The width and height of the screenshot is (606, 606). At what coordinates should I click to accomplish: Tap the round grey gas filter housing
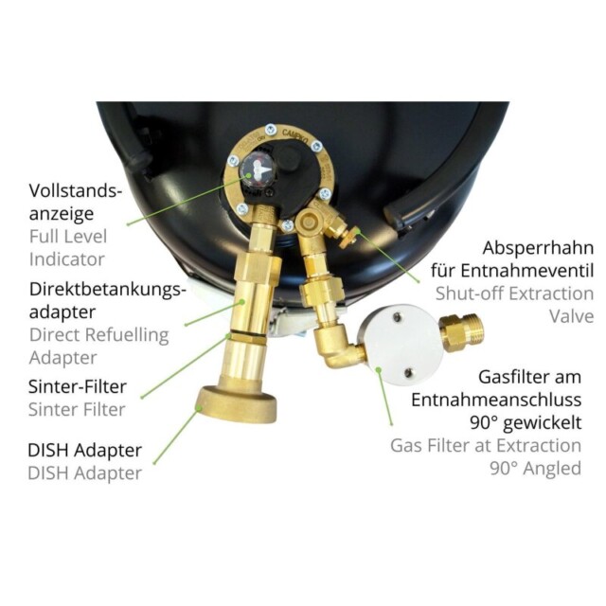coord(400,345)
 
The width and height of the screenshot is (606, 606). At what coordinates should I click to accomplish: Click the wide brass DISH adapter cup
coord(237,403)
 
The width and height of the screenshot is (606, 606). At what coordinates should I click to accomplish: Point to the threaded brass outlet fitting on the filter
coord(461,332)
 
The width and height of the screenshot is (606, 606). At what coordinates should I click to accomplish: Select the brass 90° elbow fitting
coord(335,347)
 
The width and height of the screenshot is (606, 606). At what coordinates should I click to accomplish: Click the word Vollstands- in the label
coord(76,190)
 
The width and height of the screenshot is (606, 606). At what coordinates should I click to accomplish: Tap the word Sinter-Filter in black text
coord(78,386)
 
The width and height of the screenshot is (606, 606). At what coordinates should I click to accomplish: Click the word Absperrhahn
coord(538,248)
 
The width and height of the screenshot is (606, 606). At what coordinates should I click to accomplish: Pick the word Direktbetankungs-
coord(105,289)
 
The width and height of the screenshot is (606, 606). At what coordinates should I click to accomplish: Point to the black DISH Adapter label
coord(84,451)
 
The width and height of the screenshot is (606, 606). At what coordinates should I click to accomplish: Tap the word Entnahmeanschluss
coord(496,400)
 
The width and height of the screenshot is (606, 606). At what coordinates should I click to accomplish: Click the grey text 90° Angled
coord(536,469)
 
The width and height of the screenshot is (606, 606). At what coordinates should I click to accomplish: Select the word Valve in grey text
coord(572,316)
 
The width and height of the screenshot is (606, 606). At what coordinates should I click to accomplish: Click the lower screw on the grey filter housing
coord(408,373)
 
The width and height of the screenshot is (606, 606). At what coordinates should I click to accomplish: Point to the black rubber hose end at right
coord(395,217)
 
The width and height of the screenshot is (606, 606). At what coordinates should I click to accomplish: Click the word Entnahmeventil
coord(527,271)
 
